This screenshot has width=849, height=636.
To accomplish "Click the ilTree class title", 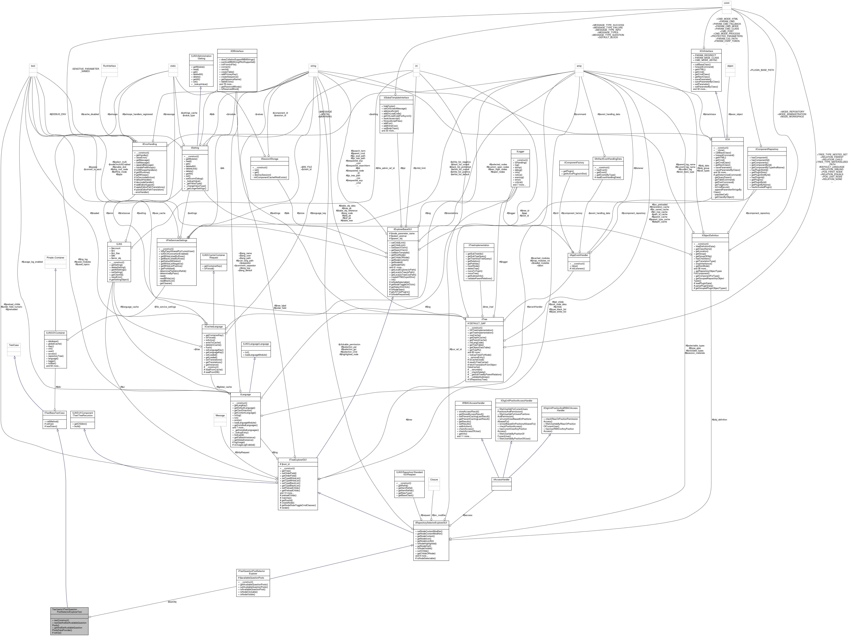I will (484, 319).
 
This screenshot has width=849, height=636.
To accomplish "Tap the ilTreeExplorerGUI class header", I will (298, 460).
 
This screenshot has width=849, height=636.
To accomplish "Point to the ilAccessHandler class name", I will (502, 480).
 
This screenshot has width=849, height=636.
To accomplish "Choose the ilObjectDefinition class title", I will (710, 235).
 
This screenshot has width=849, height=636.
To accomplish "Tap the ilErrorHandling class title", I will (150, 144).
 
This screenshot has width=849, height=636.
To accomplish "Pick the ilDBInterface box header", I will (237, 51).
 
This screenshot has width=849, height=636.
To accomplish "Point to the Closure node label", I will (434, 480).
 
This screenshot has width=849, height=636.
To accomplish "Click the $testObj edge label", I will (172, 602).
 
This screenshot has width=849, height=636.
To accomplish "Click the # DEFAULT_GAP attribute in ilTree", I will (477, 323).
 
